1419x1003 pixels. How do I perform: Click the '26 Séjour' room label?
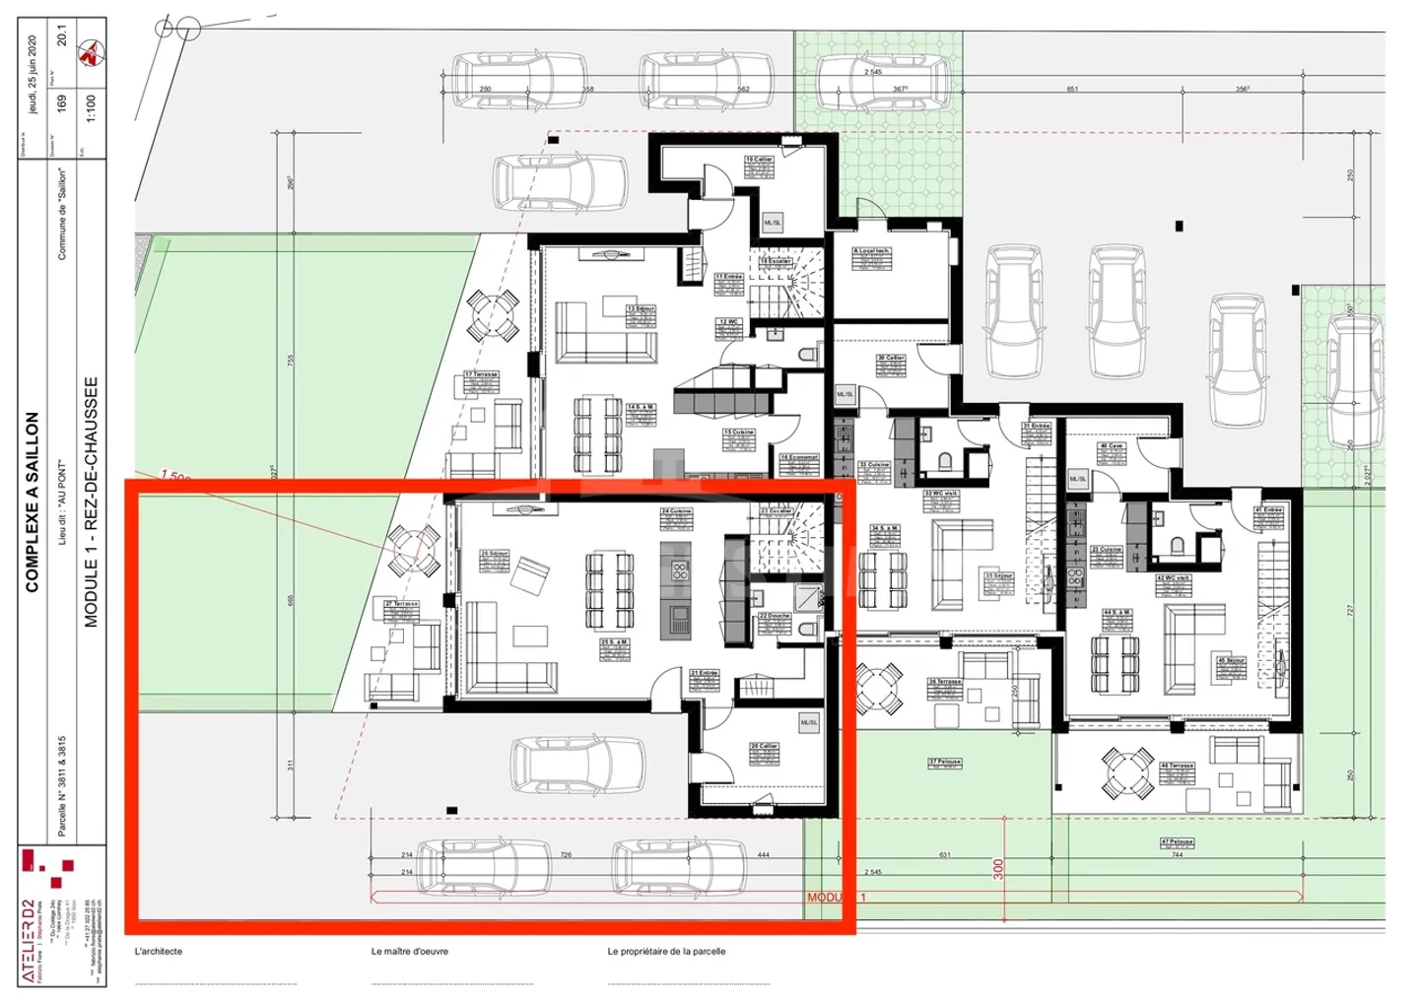click(494, 554)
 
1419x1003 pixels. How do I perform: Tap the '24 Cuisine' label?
click(676, 511)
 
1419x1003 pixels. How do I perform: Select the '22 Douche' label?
click(774, 617)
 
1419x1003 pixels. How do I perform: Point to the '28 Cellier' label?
click(764, 746)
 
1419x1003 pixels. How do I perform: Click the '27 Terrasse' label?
click(402, 603)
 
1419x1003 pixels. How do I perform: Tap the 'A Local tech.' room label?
click(871, 251)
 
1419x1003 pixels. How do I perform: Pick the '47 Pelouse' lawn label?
click(1177, 842)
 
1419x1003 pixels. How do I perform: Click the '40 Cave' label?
click(1112, 446)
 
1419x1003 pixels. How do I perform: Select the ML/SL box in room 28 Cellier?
click(809, 722)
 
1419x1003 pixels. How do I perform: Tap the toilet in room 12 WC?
click(807, 353)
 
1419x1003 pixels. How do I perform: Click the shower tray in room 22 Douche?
click(808, 596)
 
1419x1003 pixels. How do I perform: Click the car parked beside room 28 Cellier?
click(577, 764)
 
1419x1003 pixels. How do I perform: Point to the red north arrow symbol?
click(91, 54)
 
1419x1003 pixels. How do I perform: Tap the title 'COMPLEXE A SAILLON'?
click(33, 501)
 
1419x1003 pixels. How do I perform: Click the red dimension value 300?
click(998, 869)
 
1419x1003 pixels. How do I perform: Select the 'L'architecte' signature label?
click(159, 951)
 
